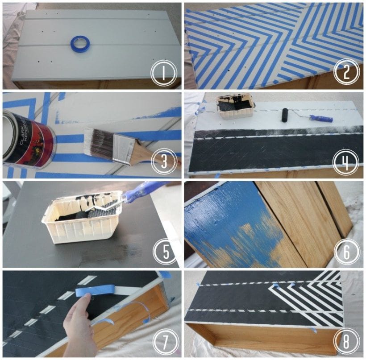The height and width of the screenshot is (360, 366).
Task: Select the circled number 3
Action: click(163, 163)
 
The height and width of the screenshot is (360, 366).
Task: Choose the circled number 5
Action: click(163, 252)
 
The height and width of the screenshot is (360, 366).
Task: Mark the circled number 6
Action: click(345, 252)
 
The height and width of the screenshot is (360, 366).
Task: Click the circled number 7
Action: click(164, 343)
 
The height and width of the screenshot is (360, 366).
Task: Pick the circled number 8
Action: click(345, 342)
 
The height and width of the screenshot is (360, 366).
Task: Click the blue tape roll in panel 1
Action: click(80, 43)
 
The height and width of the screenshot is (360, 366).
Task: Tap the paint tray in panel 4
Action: click(234, 108)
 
